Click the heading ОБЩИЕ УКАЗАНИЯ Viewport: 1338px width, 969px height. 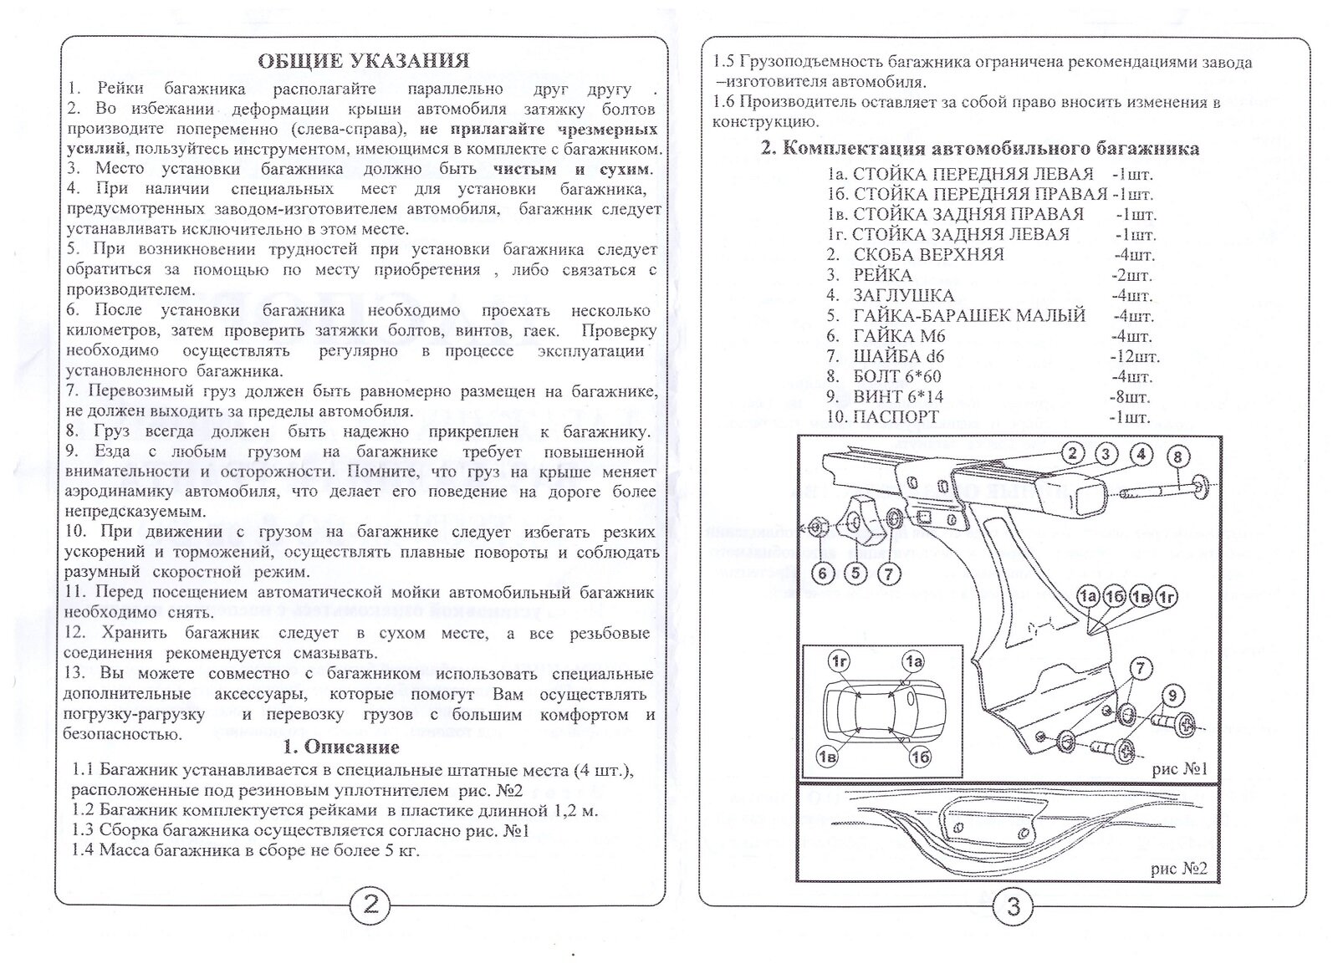pos(363,61)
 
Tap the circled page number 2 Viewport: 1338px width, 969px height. pos(369,905)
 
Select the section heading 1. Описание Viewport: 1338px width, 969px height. pos(341,747)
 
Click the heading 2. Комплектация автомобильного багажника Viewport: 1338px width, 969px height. pos(980,149)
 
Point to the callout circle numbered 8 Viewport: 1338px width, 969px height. pos(1177,456)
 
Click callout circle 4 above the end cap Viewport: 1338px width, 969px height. pos(1141,454)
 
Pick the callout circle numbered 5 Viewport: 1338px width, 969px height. pos(855,573)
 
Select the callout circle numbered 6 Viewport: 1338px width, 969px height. pos(823,573)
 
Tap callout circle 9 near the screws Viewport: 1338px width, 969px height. pos(1172,695)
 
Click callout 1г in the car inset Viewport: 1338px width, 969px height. pos(840,661)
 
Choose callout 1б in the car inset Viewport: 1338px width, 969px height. pos(920,757)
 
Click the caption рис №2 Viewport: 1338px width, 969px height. pos(1179,868)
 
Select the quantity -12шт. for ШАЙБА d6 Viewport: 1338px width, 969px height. pos(1134,357)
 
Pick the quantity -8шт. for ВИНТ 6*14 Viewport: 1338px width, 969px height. pos(1130,397)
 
